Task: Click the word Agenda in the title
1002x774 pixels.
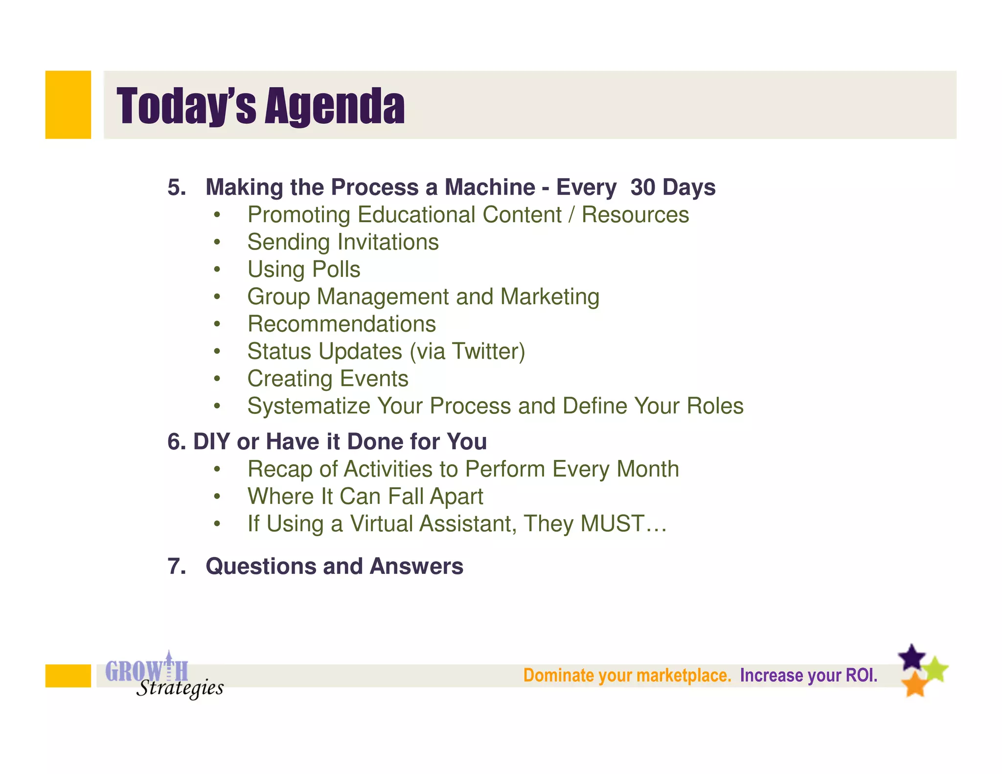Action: click(x=335, y=106)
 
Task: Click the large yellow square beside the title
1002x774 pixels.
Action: click(x=68, y=105)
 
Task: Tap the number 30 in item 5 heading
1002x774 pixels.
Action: click(x=642, y=187)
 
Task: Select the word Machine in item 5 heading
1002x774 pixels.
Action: click(x=490, y=187)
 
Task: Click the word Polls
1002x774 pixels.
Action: click(x=336, y=270)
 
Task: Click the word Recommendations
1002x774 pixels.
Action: click(x=342, y=324)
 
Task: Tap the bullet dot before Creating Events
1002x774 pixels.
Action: click(x=217, y=379)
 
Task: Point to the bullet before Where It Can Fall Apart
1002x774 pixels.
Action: click(x=217, y=497)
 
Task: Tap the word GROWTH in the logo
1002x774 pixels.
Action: click(x=146, y=671)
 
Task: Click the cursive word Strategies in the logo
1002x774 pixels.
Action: click(x=180, y=688)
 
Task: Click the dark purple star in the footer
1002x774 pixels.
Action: click(x=911, y=658)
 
